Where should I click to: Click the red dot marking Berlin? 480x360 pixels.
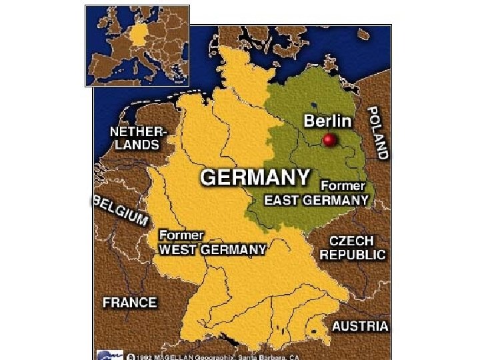(x=329, y=140)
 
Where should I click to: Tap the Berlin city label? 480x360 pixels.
(x=327, y=121)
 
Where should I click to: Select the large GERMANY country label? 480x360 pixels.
(x=255, y=178)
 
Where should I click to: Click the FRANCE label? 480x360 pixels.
(x=130, y=302)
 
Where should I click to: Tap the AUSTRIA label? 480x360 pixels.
(x=360, y=326)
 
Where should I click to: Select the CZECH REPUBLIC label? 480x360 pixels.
(x=353, y=247)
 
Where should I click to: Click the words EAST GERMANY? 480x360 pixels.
(x=316, y=199)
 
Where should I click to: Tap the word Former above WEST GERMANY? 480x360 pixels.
(x=181, y=235)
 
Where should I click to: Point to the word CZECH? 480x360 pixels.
(x=351, y=240)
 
